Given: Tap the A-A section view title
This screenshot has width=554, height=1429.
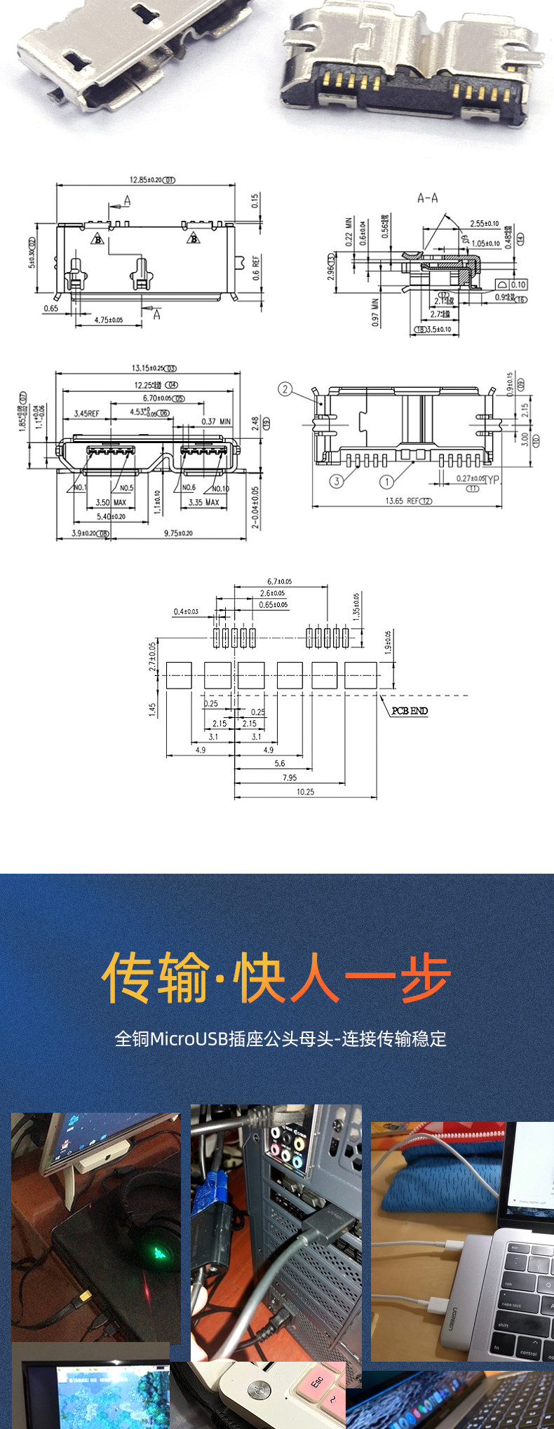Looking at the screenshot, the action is coord(427,198).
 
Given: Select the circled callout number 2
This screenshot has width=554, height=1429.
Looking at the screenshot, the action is coord(285,388).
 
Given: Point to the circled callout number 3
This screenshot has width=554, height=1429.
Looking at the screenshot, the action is coord(337,481).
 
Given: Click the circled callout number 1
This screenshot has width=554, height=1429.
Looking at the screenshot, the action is coord(386,481).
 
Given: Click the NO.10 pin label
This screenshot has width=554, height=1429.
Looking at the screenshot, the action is coord(220,488).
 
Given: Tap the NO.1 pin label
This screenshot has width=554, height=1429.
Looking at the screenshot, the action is coord(80,487).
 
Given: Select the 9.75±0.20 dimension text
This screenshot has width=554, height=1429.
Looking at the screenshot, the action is coord(179,534).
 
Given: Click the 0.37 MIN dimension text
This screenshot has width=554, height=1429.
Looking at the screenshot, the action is coord(216,421).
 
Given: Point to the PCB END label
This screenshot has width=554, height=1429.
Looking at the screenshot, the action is coord(410,711).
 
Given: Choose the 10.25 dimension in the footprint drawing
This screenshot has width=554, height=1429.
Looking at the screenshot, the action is coord(305,792).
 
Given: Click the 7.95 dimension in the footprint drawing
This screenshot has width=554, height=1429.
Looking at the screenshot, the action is coord(289,778).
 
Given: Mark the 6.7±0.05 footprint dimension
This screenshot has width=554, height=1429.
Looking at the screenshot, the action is coord(279,582).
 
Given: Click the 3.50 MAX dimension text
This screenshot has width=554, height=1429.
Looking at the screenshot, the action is coord(111,502).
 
